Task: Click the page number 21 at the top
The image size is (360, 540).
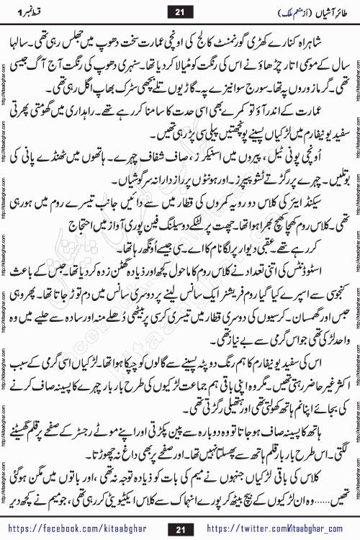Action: pos(179,10)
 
